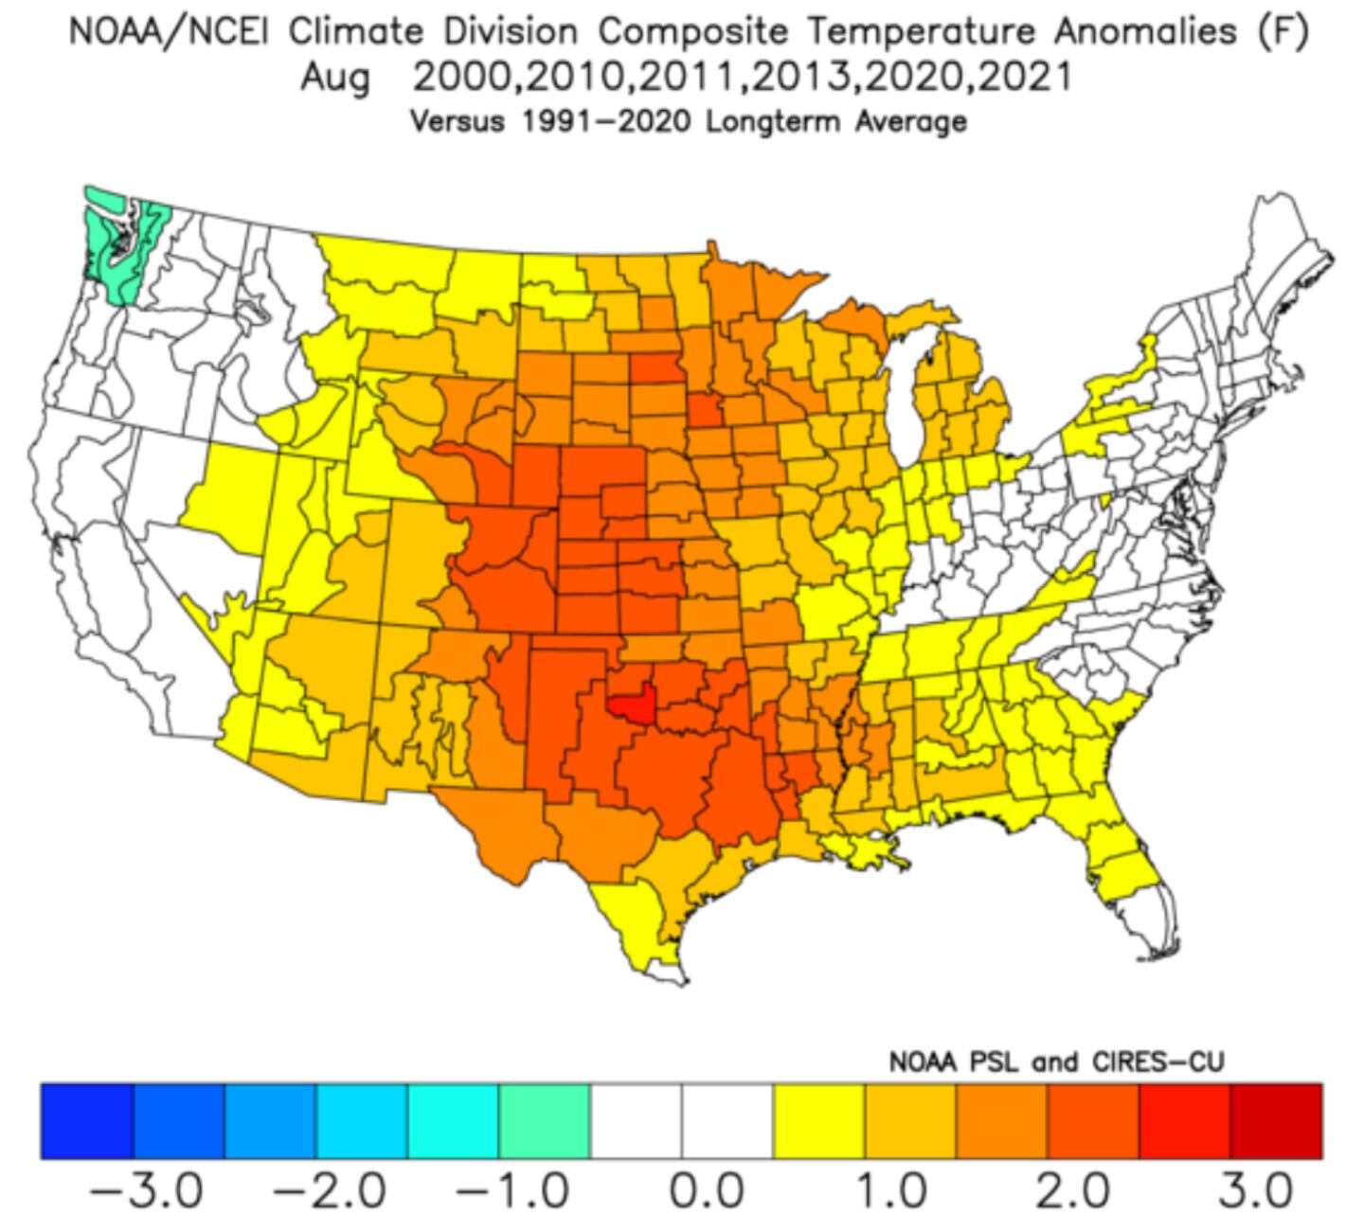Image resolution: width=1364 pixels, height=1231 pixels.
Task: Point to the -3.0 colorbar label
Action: [147, 1190]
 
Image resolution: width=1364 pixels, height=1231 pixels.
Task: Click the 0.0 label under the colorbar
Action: [705, 1190]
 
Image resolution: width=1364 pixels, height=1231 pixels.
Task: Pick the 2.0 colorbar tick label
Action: [1071, 1190]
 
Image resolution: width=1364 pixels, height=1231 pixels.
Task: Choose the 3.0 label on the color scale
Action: [1255, 1190]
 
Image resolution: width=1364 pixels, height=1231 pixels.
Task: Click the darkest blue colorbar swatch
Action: [87, 1121]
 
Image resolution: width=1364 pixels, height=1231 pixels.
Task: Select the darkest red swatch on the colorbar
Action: [1276, 1121]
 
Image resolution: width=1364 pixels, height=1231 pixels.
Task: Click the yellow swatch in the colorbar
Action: [818, 1121]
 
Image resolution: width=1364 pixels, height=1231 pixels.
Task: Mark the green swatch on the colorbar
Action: [545, 1121]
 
